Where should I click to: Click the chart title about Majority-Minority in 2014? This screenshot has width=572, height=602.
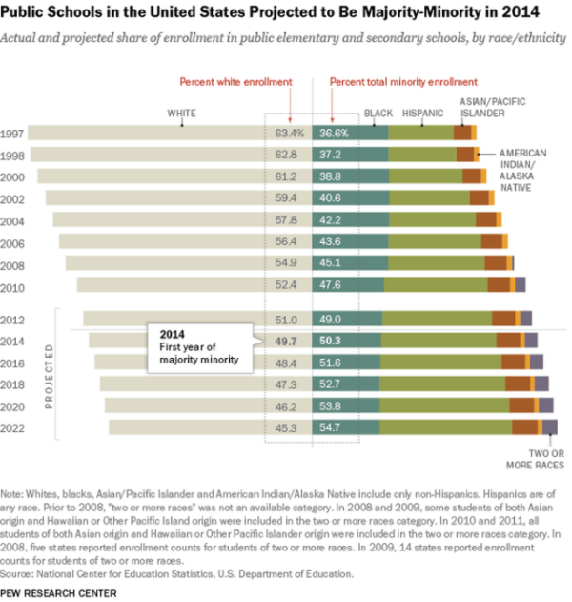tap(282, 14)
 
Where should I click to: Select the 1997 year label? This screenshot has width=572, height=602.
tap(15, 134)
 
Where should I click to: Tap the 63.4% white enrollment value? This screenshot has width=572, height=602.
tap(289, 134)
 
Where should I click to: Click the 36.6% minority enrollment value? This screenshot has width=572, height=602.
tap(334, 134)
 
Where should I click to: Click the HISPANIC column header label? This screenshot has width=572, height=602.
tap(422, 114)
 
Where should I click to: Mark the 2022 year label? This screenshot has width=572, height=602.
tap(15, 426)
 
